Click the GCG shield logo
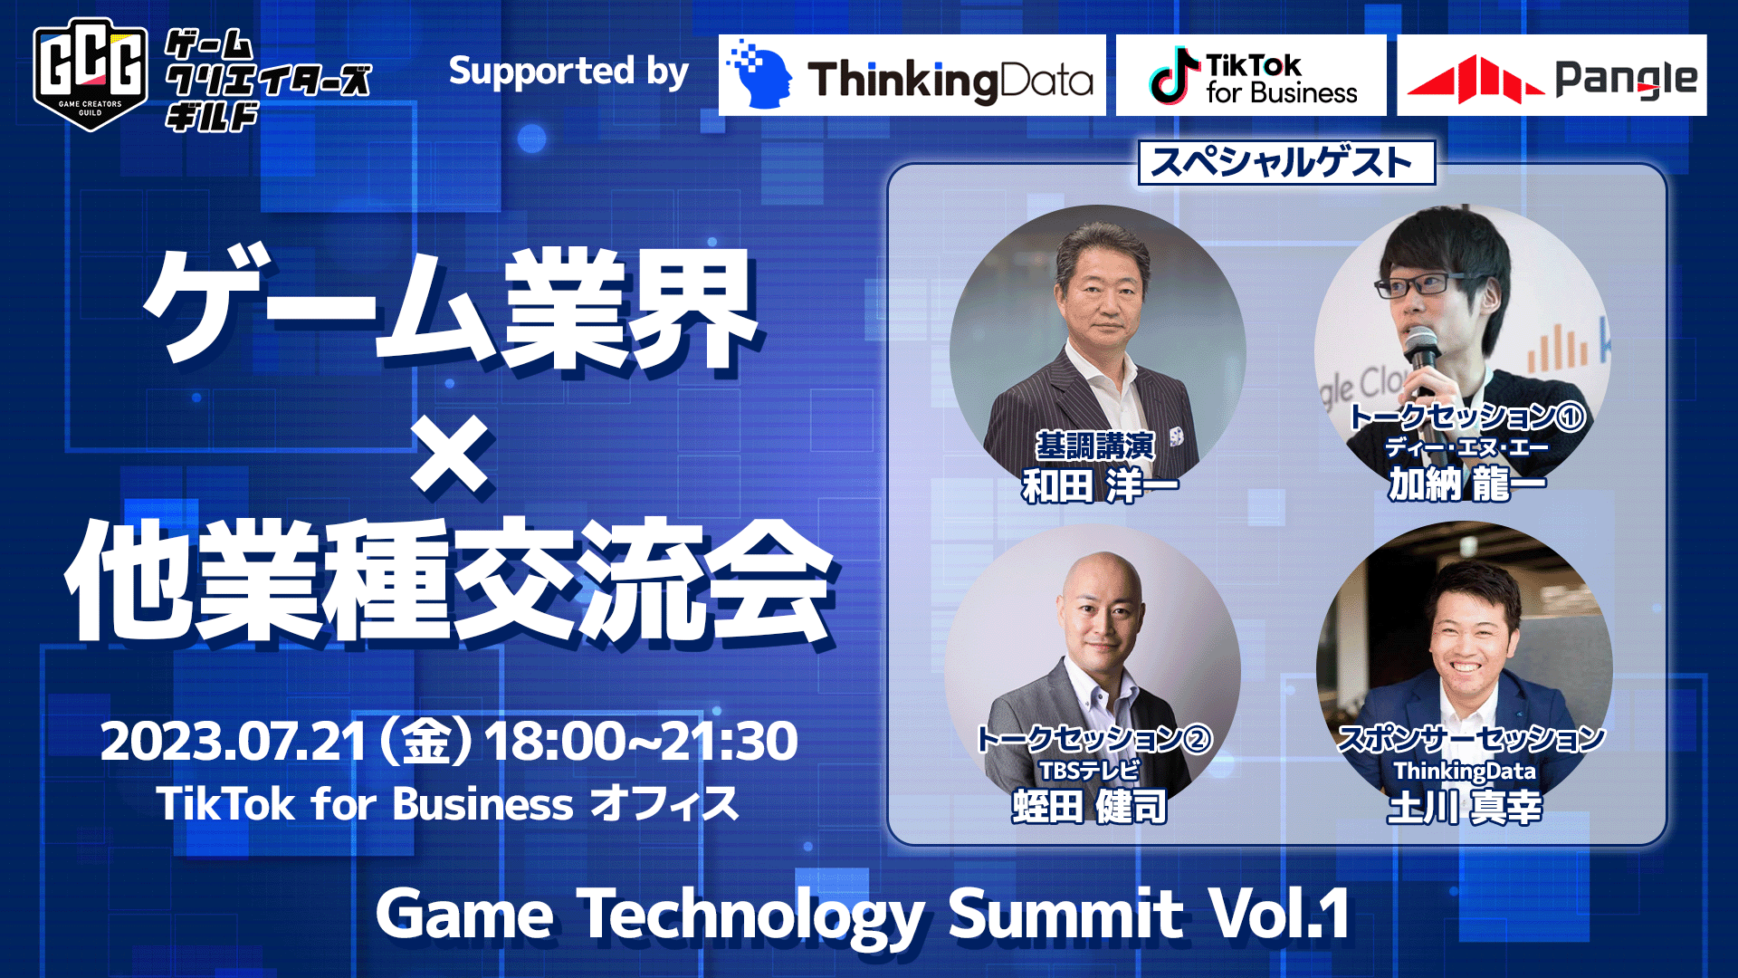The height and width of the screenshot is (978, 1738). (x=91, y=74)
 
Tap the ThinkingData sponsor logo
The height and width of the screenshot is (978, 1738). (x=912, y=75)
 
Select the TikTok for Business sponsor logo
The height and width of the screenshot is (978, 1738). (x=1251, y=75)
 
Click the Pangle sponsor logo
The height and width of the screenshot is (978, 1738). (x=1552, y=75)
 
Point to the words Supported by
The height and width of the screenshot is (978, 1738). (x=568, y=72)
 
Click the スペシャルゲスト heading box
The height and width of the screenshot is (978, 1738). (x=1286, y=162)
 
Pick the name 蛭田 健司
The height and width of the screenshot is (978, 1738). (x=1090, y=806)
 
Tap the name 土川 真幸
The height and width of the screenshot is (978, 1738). (x=1465, y=806)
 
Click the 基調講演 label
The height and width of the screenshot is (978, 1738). (x=1095, y=446)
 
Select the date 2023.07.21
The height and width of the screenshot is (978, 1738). (x=234, y=741)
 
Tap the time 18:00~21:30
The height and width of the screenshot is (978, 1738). (x=641, y=741)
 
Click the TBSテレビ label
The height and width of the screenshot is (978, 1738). (x=1089, y=771)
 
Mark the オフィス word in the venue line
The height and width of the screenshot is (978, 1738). (x=665, y=804)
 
